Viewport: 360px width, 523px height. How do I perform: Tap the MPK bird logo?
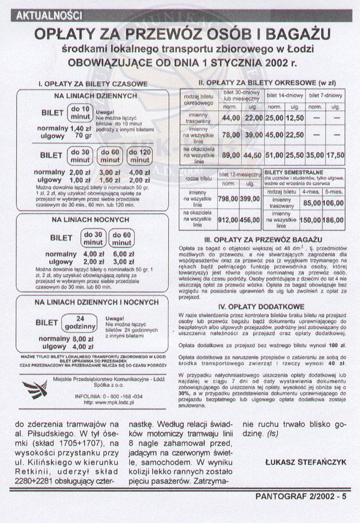[35, 389]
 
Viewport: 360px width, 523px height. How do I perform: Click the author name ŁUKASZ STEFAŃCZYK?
[303, 460]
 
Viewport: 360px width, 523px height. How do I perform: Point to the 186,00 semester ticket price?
[333, 221]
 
